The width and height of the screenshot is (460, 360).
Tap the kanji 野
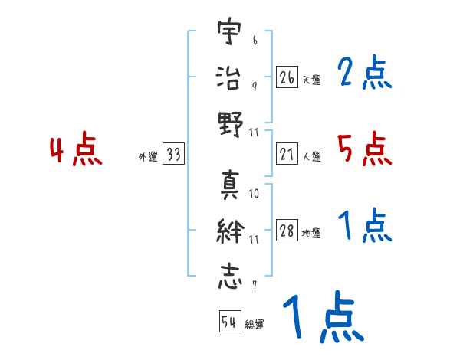pyautogui.click(x=229, y=123)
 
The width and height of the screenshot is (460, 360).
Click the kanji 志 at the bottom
pyautogui.click(x=229, y=276)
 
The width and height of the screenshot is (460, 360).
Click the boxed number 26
pyautogui.click(x=287, y=77)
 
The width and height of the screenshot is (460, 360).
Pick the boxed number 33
pyautogui.click(x=173, y=155)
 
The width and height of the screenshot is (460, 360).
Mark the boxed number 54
pyautogui.click(x=230, y=322)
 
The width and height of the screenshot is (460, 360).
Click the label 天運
pyautogui.click(x=312, y=80)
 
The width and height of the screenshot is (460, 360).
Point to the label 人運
pyautogui.click(x=312, y=157)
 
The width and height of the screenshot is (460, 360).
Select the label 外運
pyautogui.click(x=148, y=157)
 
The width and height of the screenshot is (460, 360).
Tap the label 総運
pyautogui.click(x=255, y=324)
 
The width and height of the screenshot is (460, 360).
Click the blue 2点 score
pyautogui.click(x=364, y=74)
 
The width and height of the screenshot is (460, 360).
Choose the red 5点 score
pyautogui.click(x=364, y=149)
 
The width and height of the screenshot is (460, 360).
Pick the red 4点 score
pyautogui.click(x=75, y=151)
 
